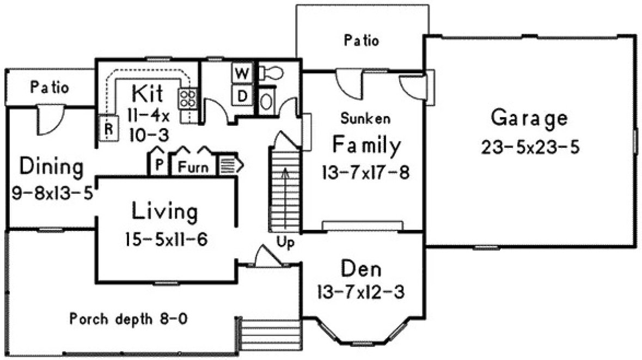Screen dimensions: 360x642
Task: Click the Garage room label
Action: click(529, 118)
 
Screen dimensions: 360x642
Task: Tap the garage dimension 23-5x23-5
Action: click(529, 147)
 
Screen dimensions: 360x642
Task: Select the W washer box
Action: click(242, 72)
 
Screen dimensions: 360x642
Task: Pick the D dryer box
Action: click(243, 96)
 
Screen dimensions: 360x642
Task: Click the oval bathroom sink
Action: click(267, 101)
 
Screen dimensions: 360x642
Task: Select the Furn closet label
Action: click(194, 167)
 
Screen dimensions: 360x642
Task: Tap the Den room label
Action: click(361, 269)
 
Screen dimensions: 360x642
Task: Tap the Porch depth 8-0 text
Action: click(129, 319)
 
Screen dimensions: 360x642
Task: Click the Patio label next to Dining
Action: click(50, 87)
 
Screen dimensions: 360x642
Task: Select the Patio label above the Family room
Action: click(362, 40)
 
